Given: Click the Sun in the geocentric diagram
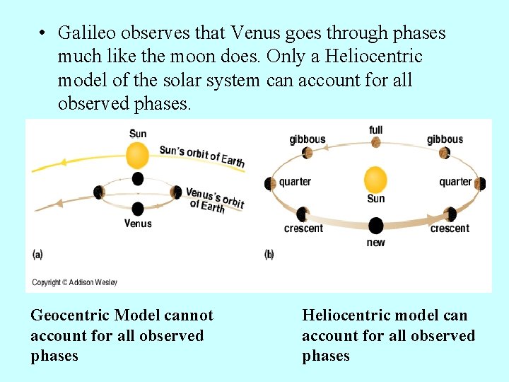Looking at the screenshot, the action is pyautogui.click(x=137, y=155).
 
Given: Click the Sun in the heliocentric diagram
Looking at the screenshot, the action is pyautogui.click(x=375, y=179).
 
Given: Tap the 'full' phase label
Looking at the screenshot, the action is pyautogui.click(x=376, y=130).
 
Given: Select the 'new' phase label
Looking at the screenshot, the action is pyautogui.click(x=376, y=243).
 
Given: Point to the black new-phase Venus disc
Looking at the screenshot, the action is pyautogui.click(x=376, y=226).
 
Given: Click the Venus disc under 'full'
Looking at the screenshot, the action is pyautogui.click(x=376, y=142).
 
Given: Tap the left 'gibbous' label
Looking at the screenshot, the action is pyautogui.click(x=308, y=139).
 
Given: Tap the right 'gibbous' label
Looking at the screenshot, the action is pyautogui.click(x=445, y=139).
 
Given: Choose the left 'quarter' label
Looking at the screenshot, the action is pyautogui.click(x=295, y=182).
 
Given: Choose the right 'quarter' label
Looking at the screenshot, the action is pyautogui.click(x=455, y=182).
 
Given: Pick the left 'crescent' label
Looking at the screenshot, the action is pyautogui.click(x=303, y=228).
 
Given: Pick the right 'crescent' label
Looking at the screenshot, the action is pyautogui.click(x=450, y=228).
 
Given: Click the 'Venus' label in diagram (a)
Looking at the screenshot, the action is pyautogui.click(x=138, y=224).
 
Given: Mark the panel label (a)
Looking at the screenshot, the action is pyautogui.click(x=37, y=254).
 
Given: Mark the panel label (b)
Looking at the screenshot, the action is pyautogui.click(x=269, y=254).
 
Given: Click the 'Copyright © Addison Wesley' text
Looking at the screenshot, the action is pyautogui.click(x=75, y=282).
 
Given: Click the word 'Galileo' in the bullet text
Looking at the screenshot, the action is pyautogui.click(x=83, y=33).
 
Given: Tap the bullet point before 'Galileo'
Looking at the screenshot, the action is pyautogui.click(x=43, y=34).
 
